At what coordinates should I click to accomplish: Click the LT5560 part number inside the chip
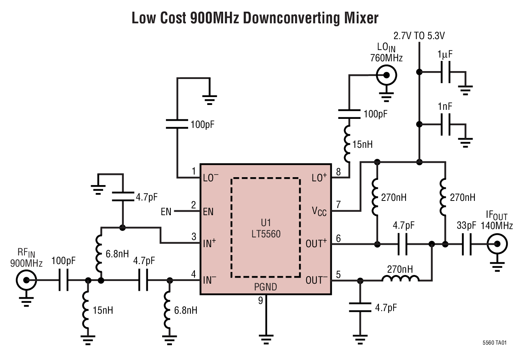point(266,234)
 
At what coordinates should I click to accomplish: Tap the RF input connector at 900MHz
point(26,280)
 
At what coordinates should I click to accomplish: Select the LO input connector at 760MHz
point(386,76)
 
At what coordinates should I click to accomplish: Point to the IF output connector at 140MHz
point(497,244)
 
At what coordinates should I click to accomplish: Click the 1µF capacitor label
point(445,55)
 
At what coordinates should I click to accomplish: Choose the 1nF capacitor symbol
point(445,125)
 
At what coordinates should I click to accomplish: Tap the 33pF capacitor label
point(466,225)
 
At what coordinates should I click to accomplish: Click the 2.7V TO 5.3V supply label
point(419,36)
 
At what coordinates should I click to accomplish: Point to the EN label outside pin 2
point(166,212)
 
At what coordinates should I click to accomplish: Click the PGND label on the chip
point(265,287)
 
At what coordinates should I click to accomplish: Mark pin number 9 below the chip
point(260,301)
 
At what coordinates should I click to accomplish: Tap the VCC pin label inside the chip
point(319,211)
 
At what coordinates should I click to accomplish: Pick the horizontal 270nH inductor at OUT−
point(400,279)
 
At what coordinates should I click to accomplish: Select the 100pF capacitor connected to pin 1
point(177,124)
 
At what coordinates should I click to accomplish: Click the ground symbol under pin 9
point(266,339)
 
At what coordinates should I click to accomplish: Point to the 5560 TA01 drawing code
point(494,343)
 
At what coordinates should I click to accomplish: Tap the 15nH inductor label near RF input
point(103,310)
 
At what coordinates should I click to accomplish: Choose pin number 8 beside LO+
point(338,172)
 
